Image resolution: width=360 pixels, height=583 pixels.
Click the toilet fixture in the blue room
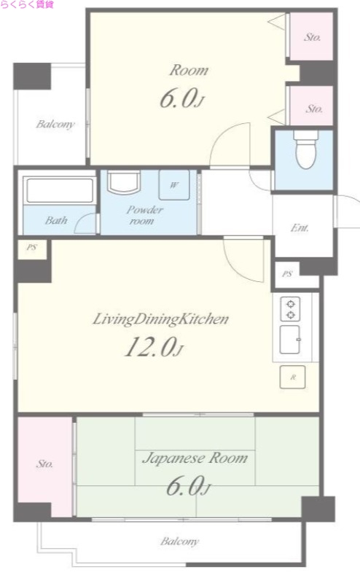click(305, 149)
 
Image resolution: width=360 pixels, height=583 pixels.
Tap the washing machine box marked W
click(174, 185)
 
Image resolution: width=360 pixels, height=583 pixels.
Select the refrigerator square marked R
click(293, 377)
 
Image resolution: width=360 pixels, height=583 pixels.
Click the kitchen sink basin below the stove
click(290, 340)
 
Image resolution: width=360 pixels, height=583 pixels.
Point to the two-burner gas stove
click(291, 309)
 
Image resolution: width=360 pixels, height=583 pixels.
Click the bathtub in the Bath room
click(60, 190)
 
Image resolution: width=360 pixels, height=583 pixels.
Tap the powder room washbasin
click(124, 182)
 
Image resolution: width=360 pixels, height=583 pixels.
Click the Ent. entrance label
click(300, 227)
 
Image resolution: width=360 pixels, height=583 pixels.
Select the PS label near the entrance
click(286, 274)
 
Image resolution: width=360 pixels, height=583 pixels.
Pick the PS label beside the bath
click(31, 247)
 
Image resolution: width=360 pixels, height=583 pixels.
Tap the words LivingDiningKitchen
click(160, 319)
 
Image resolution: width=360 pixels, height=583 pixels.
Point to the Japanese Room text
click(195, 458)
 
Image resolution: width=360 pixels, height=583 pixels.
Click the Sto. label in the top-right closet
click(313, 37)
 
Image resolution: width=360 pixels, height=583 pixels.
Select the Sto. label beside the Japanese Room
click(44, 463)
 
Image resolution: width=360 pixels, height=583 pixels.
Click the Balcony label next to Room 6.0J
click(55, 124)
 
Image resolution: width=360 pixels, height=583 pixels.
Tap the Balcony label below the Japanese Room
click(179, 541)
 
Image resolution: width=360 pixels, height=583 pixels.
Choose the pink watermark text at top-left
click(27, 4)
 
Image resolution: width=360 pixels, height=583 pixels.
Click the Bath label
click(56, 220)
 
